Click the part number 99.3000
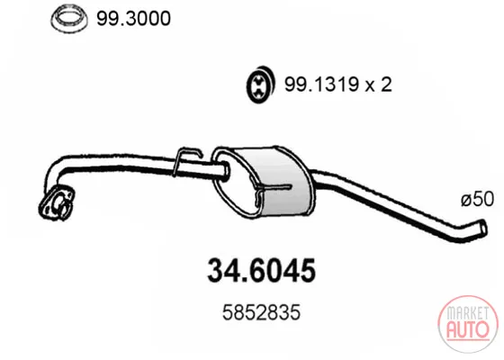(133, 19)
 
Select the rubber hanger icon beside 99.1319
(261, 85)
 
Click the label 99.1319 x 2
(337, 85)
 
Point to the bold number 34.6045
(261, 271)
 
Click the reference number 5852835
(261, 312)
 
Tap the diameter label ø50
(477, 199)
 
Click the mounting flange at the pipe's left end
(57, 202)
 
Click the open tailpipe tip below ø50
(482, 227)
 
